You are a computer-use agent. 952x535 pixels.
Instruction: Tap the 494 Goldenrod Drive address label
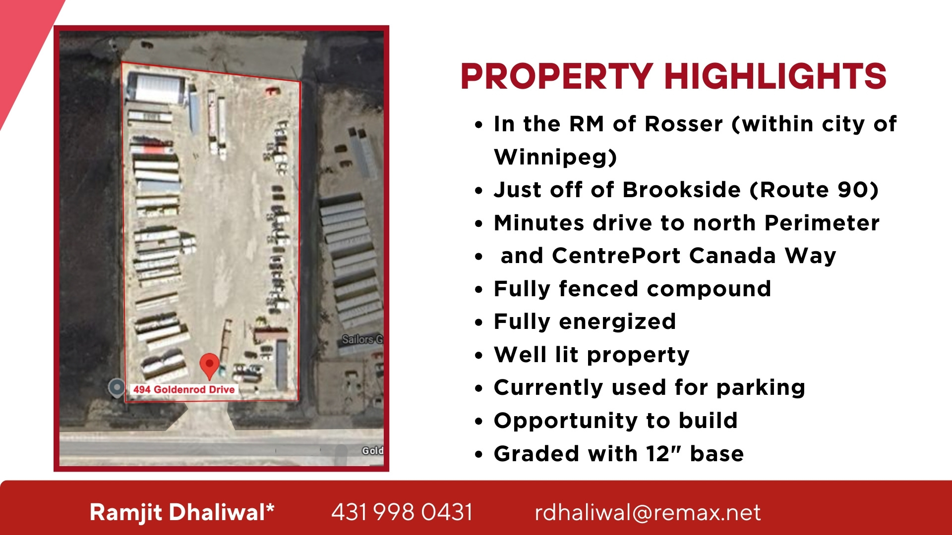184,389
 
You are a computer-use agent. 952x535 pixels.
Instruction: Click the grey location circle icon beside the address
117,387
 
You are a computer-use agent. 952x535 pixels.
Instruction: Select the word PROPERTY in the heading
557,77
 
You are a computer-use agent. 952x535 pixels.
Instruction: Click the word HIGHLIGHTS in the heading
775,77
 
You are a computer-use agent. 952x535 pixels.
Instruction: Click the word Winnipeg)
555,157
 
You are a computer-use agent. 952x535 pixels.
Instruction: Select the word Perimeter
822,223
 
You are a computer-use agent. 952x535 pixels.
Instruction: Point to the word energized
617,322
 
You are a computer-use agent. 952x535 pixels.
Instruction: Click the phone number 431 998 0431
402,512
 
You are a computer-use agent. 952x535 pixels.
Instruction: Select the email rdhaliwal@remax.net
648,512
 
